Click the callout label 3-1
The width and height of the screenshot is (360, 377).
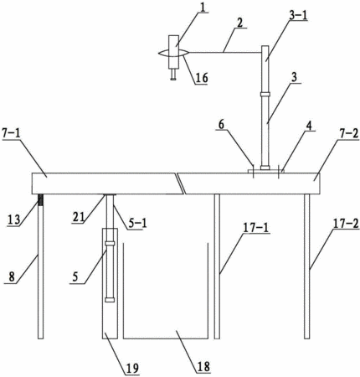[x=298, y=16]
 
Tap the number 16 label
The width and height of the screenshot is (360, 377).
[x=201, y=78]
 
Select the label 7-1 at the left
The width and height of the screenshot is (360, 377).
[x=11, y=134]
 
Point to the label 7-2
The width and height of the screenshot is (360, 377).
[x=349, y=134]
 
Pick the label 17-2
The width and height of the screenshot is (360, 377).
[x=346, y=224]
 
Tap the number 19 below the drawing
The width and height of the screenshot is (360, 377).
[x=132, y=368]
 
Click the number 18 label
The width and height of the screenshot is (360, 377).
[x=203, y=366]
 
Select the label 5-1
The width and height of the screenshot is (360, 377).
[x=137, y=223]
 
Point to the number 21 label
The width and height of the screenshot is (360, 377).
[x=78, y=217]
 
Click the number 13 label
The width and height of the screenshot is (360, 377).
[x=13, y=219]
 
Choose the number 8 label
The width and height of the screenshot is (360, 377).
[x=12, y=277]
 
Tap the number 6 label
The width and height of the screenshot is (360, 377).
[x=221, y=125]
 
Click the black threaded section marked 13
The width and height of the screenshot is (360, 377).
[x=41, y=200]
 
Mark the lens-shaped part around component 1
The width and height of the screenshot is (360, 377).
[x=173, y=53]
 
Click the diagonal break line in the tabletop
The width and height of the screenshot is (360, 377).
[x=180, y=183]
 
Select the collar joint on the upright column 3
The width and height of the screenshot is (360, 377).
[x=265, y=94]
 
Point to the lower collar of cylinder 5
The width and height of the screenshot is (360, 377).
[x=110, y=300]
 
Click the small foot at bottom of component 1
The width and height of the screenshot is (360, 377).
[x=173, y=75]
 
